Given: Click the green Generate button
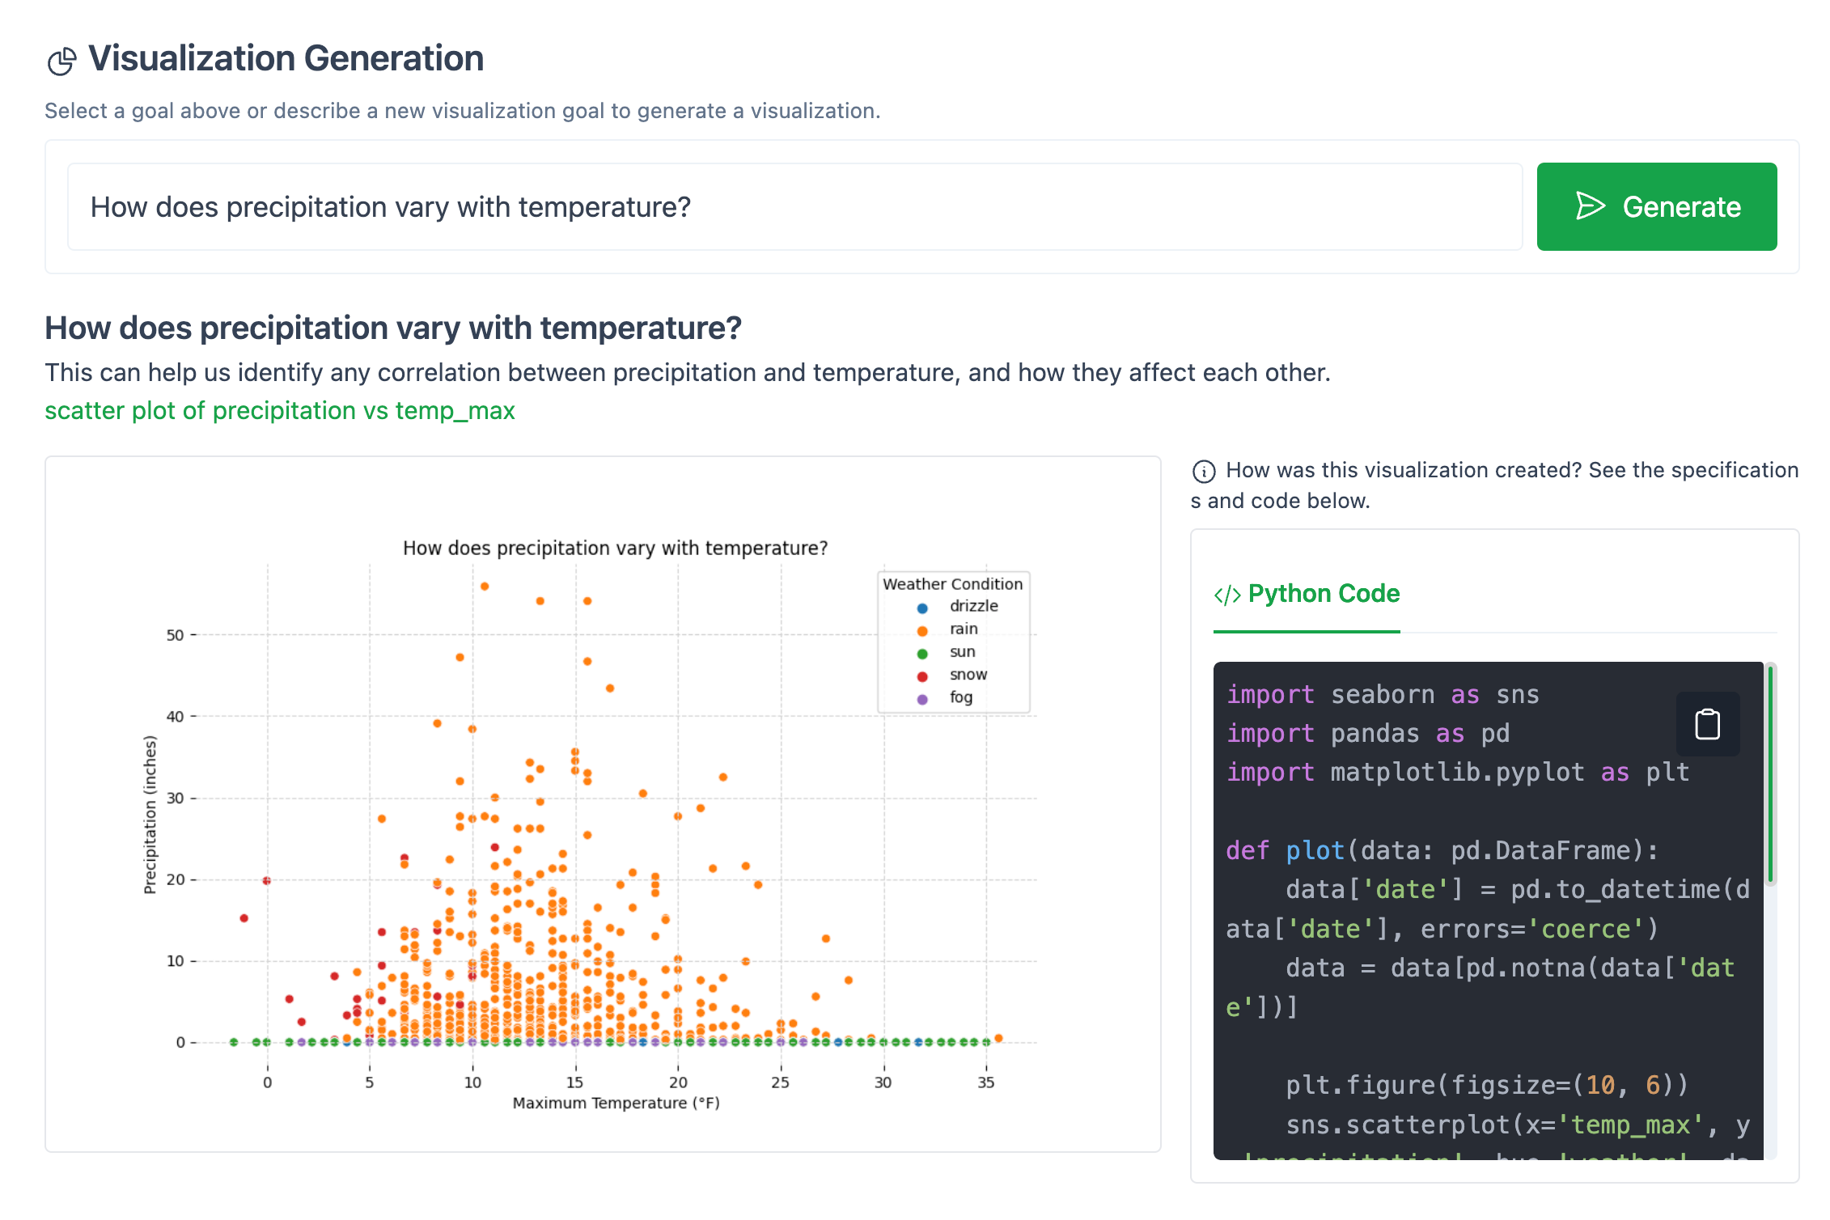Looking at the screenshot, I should click(x=1655, y=206).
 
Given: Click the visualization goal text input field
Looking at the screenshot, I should click(x=793, y=207).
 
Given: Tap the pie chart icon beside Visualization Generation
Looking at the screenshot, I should click(x=61, y=61).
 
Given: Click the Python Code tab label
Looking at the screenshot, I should click(x=1323, y=594).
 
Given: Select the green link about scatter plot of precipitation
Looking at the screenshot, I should click(x=279, y=411).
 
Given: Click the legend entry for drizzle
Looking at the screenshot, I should click(x=972, y=606).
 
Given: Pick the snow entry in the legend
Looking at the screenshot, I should click(x=968, y=675).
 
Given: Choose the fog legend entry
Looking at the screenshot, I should click(x=960, y=697).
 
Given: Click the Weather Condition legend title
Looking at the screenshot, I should click(x=952, y=584).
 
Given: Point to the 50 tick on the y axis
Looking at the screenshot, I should click(x=175, y=635).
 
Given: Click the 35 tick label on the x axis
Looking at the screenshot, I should click(x=985, y=1082).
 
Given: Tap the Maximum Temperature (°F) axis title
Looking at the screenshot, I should click(x=616, y=1104).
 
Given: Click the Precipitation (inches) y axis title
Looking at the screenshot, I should click(x=150, y=815).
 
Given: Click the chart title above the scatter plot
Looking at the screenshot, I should click(x=615, y=549).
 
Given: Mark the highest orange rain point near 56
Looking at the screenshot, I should click(x=485, y=587).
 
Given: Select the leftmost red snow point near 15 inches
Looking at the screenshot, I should click(x=244, y=918).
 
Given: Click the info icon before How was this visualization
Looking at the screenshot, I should click(x=1203, y=471).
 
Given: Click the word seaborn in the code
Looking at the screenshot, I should click(x=1382, y=695).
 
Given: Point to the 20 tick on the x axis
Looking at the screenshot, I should click(x=678, y=1082).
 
